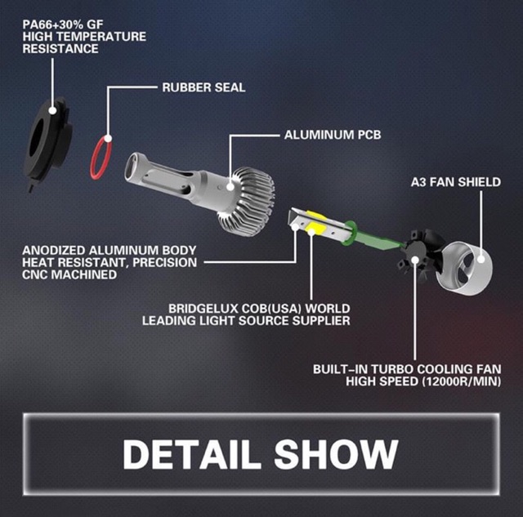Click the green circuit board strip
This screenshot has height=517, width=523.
[x=373, y=236]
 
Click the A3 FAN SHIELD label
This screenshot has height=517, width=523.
[x=456, y=182]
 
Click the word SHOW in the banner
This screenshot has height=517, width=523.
[x=336, y=454]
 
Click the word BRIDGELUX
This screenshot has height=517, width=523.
[x=208, y=309]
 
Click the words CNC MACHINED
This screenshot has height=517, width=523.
[x=69, y=275]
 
